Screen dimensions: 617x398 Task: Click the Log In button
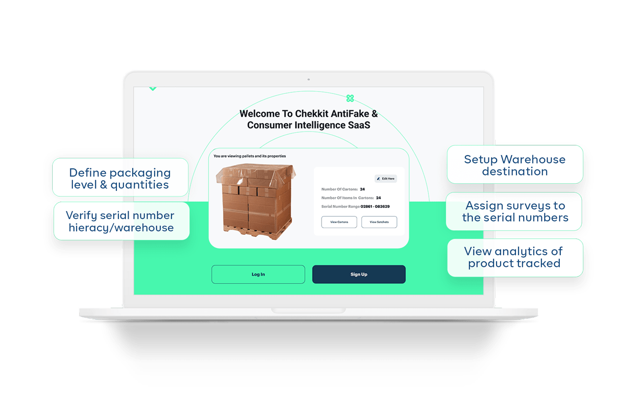(x=258, y=275)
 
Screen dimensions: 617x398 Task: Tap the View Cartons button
(x=339, y=222)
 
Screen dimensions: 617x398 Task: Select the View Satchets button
(x=379, y=222)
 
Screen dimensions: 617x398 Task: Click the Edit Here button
(x=386, y=179)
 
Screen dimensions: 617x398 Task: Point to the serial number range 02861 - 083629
(x=375, y=207)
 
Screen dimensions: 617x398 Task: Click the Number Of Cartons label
(x=339, y=189)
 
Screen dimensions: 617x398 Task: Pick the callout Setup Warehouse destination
(x=514, y=165)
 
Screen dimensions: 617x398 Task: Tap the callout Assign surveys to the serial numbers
(x=514, y=211)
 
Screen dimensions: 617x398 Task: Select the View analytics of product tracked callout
(x=514, y=257)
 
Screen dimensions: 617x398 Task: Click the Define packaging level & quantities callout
(x=120, y=178)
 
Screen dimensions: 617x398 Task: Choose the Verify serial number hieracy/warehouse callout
(x=121, y=221)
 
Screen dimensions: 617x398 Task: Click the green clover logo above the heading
(x=350, y=98)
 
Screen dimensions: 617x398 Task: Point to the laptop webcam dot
(x=308, y=80)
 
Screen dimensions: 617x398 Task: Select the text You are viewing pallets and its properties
(x=250, y=156)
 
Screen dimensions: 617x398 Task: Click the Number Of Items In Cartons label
(x=348, y=198)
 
